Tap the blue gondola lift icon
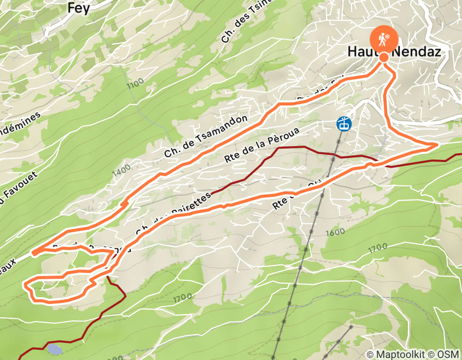[344, 123]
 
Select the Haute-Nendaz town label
[394, 52]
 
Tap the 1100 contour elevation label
[135, 83]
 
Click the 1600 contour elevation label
[335, 232]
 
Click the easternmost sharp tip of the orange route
[437, 145]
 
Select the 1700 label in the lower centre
[182, 297]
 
